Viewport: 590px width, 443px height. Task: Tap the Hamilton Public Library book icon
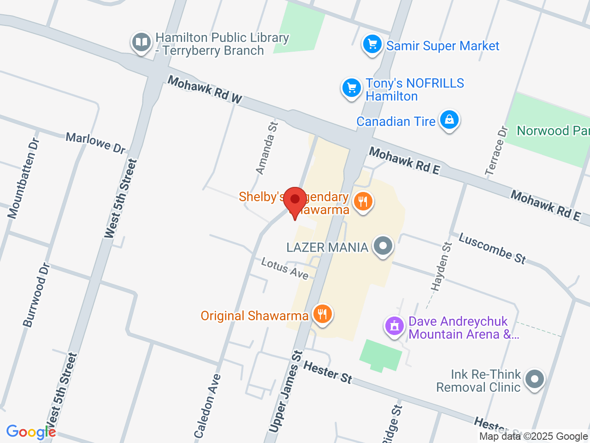(141, 42)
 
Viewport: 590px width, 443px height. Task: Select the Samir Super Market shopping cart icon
(372, 45)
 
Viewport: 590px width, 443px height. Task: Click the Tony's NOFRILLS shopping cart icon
(351, 87)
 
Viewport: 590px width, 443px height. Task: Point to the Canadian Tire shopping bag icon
(449, 120)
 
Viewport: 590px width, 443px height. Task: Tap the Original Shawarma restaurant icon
(322, 314)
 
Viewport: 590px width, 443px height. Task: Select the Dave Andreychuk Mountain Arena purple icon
(395, 326)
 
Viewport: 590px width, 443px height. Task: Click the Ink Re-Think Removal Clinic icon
(534, 379)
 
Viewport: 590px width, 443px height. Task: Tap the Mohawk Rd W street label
(204, 89)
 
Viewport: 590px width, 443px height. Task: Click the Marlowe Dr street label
(95, 143)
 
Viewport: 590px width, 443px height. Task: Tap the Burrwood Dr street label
(36, 295)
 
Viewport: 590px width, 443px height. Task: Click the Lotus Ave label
(284, 268)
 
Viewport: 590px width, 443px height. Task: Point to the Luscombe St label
(492, 248)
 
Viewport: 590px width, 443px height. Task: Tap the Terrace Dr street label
(496, 151)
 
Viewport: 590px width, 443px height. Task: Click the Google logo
(31, 432)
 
